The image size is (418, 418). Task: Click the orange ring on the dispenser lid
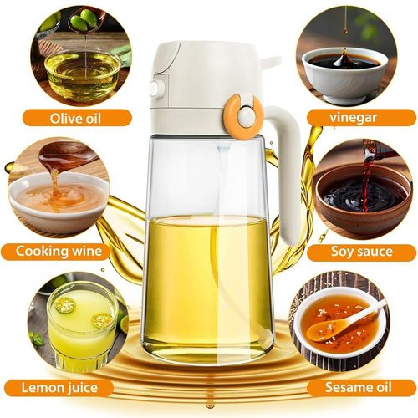(243, 115)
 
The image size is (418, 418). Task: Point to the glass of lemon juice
(81, 322)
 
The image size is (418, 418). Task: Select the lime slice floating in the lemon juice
(66, 305)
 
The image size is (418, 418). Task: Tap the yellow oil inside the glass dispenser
(205, 276)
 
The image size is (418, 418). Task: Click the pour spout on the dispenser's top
(268, 62)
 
